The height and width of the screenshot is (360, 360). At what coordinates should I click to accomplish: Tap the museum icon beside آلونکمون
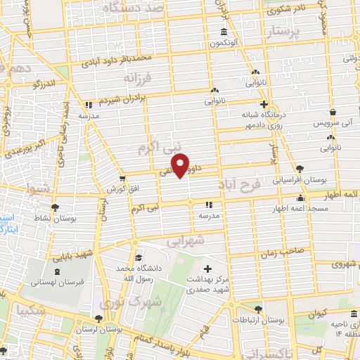click(x=223, y=32)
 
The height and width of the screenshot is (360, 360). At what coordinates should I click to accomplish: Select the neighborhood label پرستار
click(x=284, y=32)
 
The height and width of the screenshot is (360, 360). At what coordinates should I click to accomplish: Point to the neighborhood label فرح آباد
click(x=249, y=186)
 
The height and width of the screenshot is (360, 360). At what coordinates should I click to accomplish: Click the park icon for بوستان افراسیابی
click(x=300, y=168)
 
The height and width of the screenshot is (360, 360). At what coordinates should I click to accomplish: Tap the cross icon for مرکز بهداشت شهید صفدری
click(x=207, y=269)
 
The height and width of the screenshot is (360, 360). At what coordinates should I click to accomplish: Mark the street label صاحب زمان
click(x=302, y=250)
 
